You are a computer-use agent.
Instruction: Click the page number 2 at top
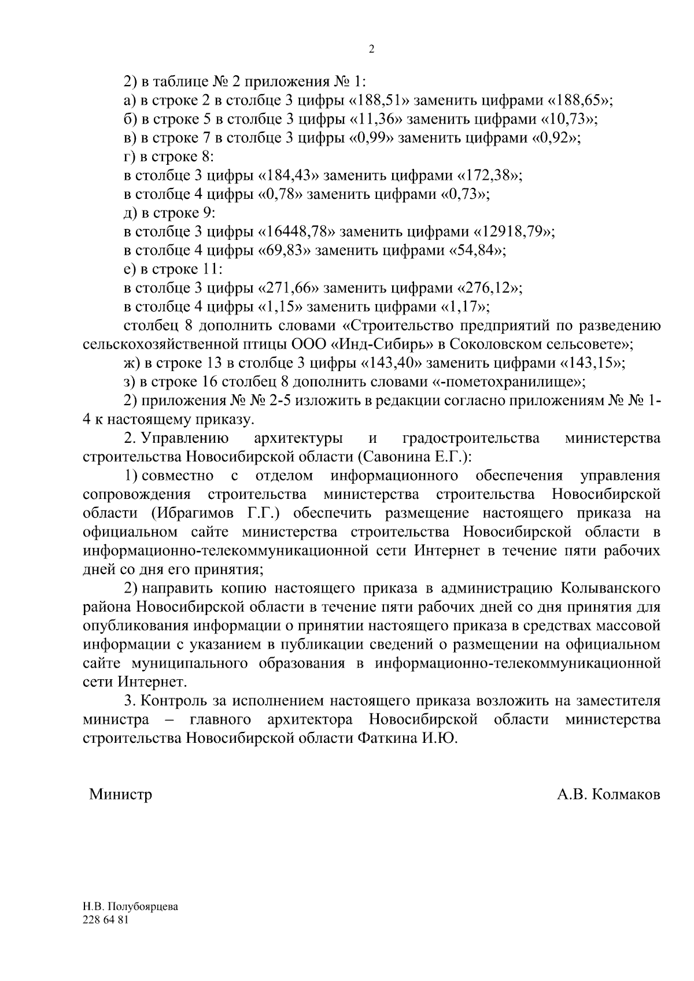click(x=371, y=50)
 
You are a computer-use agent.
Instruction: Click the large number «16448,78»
click(x=298, y=232)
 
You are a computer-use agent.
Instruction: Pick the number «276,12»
click(x=491, y=288)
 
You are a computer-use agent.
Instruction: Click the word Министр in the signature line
click(x=120, y=794)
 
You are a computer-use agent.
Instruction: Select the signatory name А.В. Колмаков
click(x=608, y=794)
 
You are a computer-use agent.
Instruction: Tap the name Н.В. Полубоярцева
click(x=130, y=906)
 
